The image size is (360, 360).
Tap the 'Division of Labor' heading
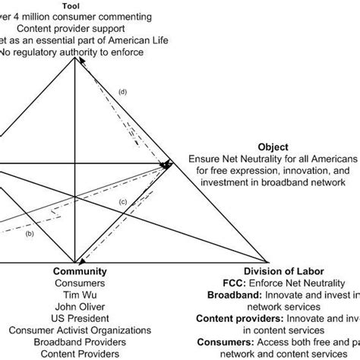click(282, 270)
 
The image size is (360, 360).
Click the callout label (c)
click(122, 201)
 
